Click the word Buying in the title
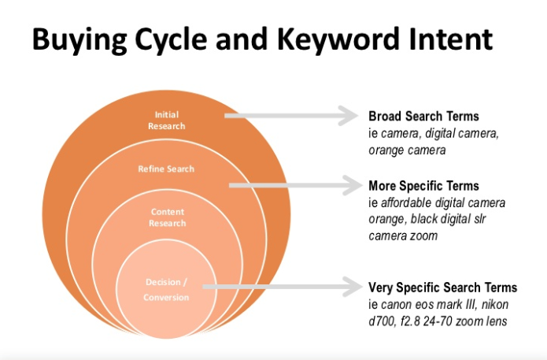click(79, 40)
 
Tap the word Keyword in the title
click(338, 39)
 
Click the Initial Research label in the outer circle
click(166, 121)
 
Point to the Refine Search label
click(166, 169)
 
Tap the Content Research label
click(168, 217)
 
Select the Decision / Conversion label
click(166, 290)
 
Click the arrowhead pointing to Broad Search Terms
click(348, 116)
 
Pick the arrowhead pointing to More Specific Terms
click(353, 185)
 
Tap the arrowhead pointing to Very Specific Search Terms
click(353, 287)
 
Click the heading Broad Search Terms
click(424, 117)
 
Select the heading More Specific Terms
click(424, 186)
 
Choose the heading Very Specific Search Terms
click(443, 288)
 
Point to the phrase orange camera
click(407, 150)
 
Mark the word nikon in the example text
click(495, 305)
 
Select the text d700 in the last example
click(382, 321)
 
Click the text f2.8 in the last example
click(410, 321)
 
